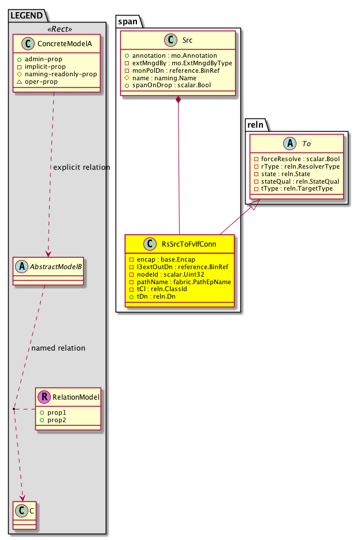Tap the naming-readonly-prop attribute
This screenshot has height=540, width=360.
click(65, 75)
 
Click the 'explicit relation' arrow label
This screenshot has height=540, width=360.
click(81, 167)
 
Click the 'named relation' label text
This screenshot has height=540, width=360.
click(58, 348)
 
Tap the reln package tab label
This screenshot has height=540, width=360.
click(255, 124)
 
